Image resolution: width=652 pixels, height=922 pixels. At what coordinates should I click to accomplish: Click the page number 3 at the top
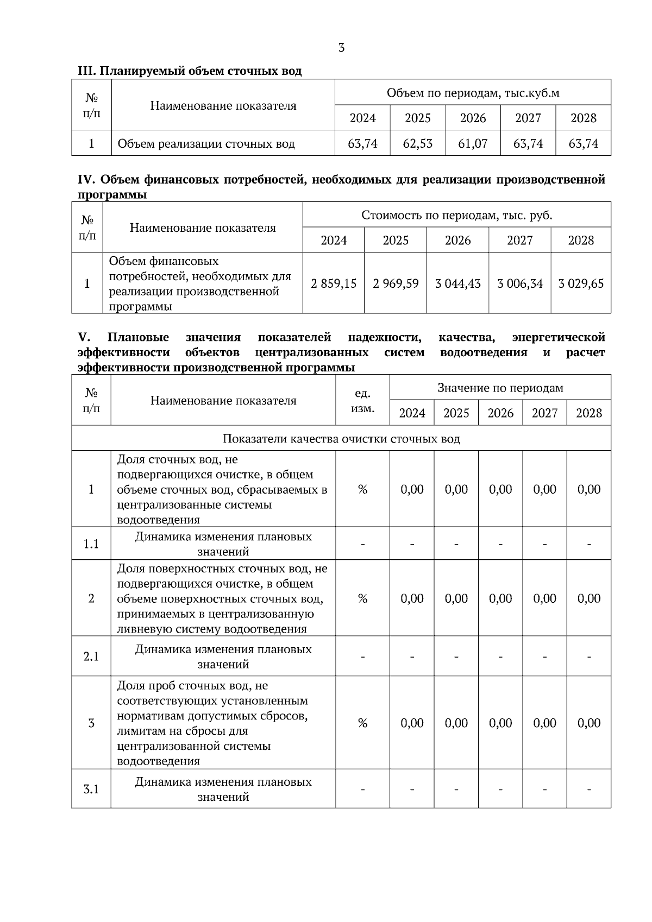pos(341,48)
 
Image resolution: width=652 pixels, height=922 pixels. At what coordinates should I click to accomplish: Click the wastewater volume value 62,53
pos(417,144)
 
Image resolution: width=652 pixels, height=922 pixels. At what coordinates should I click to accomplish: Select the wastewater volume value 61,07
pos(473,144)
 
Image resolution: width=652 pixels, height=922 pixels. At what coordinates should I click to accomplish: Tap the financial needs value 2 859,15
pos(334,283)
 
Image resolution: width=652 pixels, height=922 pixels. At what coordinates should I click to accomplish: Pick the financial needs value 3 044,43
pos(457,283)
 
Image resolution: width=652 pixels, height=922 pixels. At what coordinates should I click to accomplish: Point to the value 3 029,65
pos(581,283)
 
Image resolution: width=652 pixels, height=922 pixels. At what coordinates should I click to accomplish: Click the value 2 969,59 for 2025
pos(396,283)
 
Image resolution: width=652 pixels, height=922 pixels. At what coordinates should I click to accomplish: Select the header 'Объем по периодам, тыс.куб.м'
pos(473,93)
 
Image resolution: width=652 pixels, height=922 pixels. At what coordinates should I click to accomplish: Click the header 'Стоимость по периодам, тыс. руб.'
pos(456,215)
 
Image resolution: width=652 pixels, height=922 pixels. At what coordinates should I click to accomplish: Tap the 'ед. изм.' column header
pos(362,401)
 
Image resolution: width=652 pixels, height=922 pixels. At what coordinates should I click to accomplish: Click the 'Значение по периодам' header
pos(500,388)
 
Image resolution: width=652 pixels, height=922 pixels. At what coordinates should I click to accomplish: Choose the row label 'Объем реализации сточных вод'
pos(206,144)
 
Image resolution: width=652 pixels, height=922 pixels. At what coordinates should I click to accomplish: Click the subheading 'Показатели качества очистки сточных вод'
pos(341,439)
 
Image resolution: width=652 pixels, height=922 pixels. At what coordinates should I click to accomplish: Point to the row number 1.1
pos(91,544)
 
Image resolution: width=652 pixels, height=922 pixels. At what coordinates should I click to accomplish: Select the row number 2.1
pos(91,656)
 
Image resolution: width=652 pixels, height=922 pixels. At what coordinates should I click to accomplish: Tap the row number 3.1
pos(91,790)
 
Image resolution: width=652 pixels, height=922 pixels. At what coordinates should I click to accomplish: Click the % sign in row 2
pos(362,599)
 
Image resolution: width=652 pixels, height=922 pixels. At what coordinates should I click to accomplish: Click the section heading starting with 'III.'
pos(190,71)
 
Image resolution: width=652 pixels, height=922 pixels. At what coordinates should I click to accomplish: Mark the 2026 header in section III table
pos(473,118)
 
